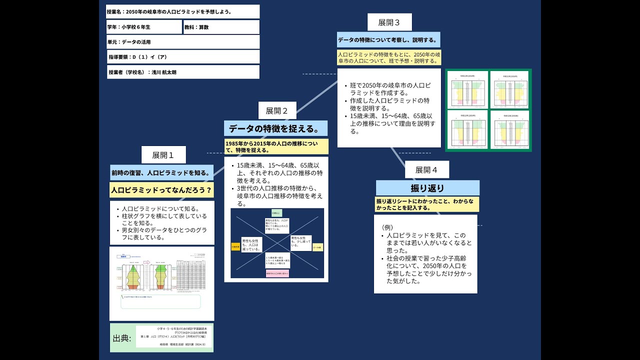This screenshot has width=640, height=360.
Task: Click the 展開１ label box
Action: [163, 155]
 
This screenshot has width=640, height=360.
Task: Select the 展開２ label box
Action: [276, 110]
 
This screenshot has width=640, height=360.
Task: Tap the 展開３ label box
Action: [389, 22]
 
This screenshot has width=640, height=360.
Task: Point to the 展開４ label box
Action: [426, 170]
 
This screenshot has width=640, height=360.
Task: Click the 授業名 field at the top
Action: [183, 11]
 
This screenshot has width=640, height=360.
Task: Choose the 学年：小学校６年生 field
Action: [144, 27]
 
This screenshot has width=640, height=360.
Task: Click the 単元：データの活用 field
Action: [183, 42]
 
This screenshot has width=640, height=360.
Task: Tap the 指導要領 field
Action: [183, 57]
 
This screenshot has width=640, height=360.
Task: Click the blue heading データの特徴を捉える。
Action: [275, 128]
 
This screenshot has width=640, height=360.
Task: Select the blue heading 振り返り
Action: [427, 188]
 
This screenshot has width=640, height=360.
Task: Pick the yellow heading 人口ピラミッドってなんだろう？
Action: [161, 190]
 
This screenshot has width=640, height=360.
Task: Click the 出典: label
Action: [122, 338]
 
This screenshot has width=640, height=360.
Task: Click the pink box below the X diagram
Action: [277, 273]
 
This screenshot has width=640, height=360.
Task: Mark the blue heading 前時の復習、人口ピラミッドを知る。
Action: [161, 173]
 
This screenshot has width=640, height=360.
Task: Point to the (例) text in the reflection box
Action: [388, 227]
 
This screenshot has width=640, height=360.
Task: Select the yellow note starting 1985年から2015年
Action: [276, 146]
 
